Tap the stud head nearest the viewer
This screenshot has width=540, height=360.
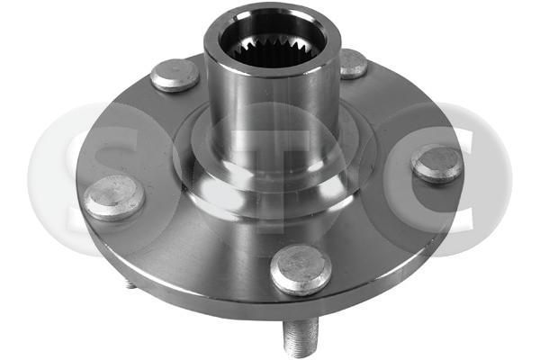point(301,268)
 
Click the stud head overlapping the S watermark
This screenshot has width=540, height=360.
point(114,197)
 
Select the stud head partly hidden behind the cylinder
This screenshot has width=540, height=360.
point(352,63)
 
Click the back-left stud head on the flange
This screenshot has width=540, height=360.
point(175,75)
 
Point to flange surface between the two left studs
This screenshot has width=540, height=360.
point(135,135)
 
